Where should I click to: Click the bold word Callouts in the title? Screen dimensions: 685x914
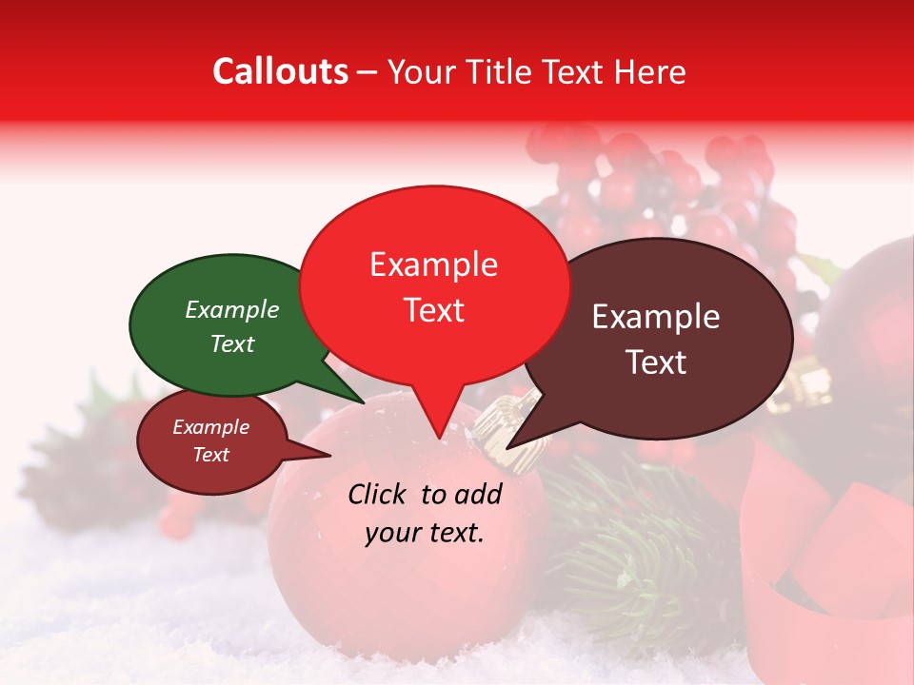[x=280, y=71]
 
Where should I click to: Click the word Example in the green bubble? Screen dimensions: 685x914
[x=231, y=310]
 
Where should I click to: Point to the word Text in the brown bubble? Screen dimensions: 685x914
[x=657, y=362]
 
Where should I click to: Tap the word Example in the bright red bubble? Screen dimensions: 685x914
[x=433, y=264]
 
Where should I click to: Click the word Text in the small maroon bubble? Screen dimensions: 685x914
[x=210, y=455]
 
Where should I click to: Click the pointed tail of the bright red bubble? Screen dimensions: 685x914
[x=439, y=428]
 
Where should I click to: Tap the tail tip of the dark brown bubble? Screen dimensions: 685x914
[x=509, y=446]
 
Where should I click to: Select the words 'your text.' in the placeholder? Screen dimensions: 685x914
[x=425, y=533]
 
